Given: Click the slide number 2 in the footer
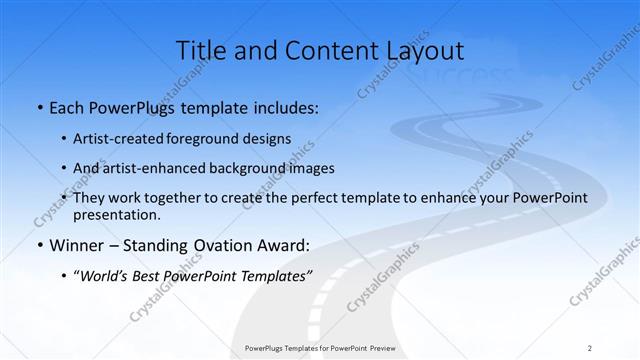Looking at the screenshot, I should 590,348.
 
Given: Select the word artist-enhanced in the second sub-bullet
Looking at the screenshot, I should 159,167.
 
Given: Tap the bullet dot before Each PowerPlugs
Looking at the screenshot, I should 38,107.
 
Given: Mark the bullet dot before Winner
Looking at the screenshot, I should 38,245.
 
